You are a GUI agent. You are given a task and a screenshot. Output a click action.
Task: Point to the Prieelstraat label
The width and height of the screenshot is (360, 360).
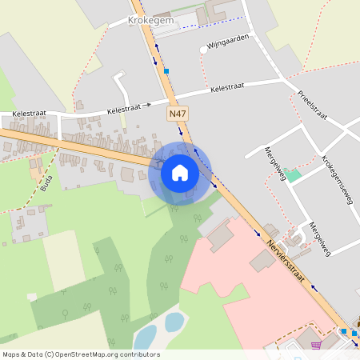pos(312,104)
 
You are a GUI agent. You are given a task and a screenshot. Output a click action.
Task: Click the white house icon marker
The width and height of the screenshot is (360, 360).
pos(180,173)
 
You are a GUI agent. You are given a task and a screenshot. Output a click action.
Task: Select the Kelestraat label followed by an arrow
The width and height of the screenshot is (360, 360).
pos(124,106)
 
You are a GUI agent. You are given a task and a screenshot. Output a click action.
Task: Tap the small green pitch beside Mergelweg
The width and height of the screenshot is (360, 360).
pos(294,175)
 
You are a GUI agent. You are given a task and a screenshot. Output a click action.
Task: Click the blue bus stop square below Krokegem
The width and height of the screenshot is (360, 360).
pos(166,71)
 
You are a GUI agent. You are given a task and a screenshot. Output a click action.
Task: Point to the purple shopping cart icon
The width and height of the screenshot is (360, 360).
pos(317,346)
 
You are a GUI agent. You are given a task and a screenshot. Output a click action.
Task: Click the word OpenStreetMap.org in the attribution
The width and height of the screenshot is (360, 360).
pos(90,354)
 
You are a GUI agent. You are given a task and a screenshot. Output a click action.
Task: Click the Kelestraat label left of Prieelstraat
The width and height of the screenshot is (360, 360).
pos(229,88)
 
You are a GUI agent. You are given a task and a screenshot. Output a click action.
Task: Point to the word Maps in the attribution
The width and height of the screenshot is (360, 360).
pos(12,354)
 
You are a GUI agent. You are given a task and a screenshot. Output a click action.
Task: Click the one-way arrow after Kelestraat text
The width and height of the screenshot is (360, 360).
pos(146,105)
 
